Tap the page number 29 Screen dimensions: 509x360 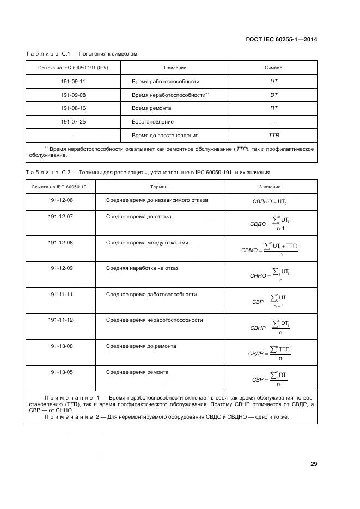click(313, 464)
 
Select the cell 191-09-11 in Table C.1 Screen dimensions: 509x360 click(73, 81)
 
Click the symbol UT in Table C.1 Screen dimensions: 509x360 click(274, 81)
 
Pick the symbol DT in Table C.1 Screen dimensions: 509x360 click(274, 95)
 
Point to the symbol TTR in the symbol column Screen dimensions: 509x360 click(274, 135)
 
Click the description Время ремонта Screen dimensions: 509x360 click(151, 108)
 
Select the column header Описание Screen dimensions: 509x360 click(175, 68)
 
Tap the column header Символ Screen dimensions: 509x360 click(273, 68)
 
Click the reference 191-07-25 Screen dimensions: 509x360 click(73, 122)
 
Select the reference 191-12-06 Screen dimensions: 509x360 click(60, 200)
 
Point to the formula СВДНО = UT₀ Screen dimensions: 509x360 click(270, 201)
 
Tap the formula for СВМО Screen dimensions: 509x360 click(270, 249)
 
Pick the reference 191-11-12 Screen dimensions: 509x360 click(60, 320)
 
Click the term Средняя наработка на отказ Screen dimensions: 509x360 click(142, 268)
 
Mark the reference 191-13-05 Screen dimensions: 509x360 click(60, 372)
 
